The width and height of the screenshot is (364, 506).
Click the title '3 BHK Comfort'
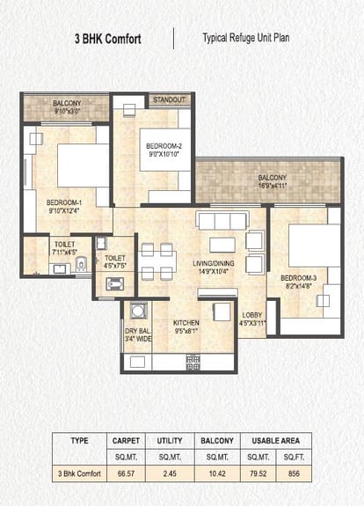click(x=107, y=39)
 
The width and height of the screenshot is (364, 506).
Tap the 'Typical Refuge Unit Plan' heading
click(x=245, y=38)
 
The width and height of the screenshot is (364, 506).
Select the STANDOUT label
click(x=170, y=99)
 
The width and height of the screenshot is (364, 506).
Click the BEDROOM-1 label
click(x=64, y=202)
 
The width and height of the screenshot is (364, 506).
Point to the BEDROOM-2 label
click(x=164, y=146)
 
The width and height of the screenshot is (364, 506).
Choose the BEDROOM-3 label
click(x=298, y=278)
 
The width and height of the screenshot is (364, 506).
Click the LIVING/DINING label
click(x=214, y=263)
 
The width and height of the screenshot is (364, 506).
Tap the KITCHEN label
click(x=186, y=323)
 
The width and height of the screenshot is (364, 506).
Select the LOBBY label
click(x=252, y=315)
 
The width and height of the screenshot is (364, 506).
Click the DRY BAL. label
click(x=138, y=331)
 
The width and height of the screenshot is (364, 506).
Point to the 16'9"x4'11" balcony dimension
click(x=273, y=186)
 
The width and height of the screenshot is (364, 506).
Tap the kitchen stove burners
click(x=193, y=363)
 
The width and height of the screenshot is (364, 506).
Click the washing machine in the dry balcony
click(x=138, y=311)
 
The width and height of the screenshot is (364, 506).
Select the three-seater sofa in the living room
click(x=222, y=221)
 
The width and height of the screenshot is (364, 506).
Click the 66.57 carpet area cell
click(x=126, y=473)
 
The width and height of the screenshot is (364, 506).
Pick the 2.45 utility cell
click(x=170, y=473)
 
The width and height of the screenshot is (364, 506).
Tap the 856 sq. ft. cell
click(x=294, y=473)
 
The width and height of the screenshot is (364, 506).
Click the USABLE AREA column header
click(x=276, y=441)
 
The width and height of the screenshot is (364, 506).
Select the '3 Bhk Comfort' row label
click(x=79, y=473)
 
